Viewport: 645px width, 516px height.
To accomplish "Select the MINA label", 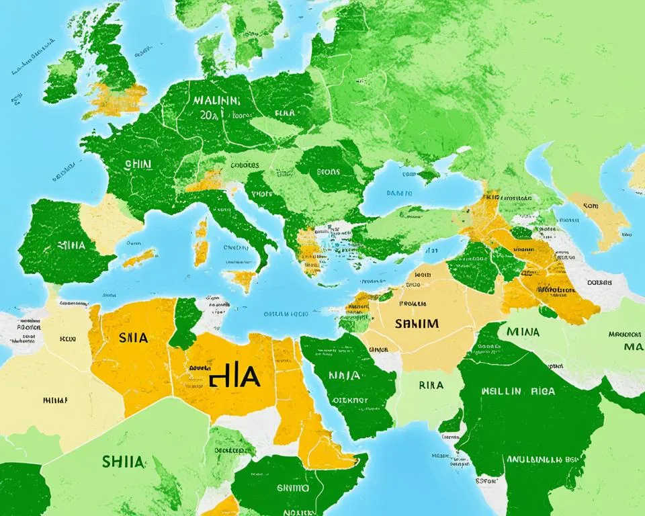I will click(522, 331).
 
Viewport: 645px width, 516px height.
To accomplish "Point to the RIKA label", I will click(430, 386).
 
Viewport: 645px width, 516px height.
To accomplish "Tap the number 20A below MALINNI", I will click(209, 115).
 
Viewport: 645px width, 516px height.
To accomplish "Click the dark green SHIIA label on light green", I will click(122, 462).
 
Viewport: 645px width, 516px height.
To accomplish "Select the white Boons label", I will click(328, 171).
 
